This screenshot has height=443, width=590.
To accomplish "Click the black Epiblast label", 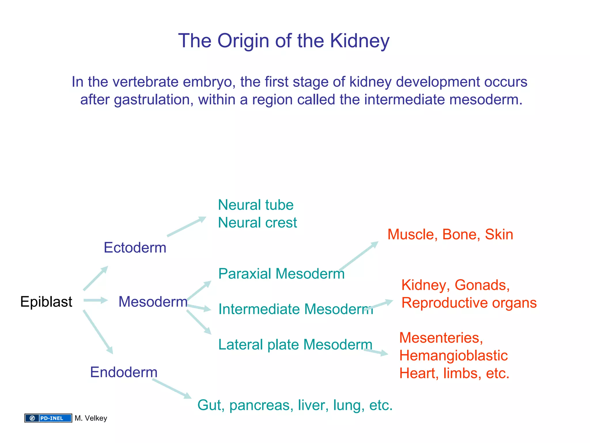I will (46, 302).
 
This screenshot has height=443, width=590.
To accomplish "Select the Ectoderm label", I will (135, 248).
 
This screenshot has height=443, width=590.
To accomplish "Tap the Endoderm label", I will (124, 372).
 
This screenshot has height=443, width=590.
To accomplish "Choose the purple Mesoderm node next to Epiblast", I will (153, 302).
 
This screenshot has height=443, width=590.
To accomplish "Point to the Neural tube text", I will (256, 205).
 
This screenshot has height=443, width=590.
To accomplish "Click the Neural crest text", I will (257, 223).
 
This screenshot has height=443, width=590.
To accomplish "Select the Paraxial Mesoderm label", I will (281, 274).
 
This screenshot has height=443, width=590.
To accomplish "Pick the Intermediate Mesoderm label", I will (296, 309).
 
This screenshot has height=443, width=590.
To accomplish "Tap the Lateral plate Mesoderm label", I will (295, 345).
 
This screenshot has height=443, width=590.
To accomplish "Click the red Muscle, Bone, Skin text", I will (450, 234).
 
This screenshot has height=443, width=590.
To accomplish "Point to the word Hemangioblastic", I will (453, 356).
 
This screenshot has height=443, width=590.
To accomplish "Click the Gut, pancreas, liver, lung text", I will (295, 405).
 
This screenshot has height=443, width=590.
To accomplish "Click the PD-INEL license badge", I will (48, 418).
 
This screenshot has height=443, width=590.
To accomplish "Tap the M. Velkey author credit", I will (91, 418).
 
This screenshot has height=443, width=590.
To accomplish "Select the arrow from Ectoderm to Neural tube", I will (186, 227).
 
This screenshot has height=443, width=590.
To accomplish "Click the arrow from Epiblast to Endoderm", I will (98, 332).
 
